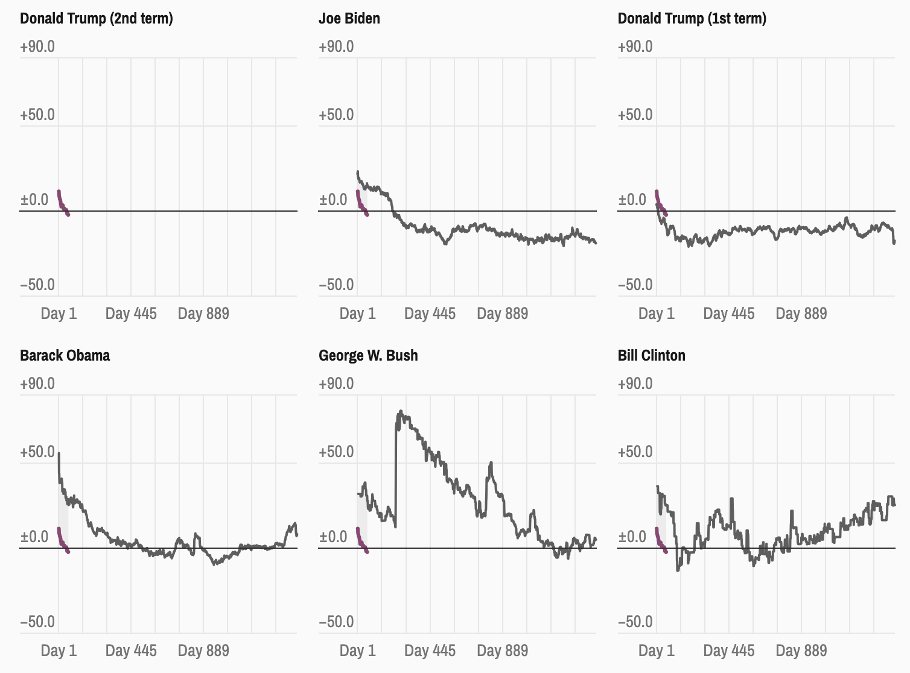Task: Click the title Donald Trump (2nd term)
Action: [x=97, y=19]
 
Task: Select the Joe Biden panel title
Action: [x=349, y=19]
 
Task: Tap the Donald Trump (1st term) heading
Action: [x=692, y=19]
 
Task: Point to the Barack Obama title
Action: [x=65, y=355]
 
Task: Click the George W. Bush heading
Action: [x=368, y=355]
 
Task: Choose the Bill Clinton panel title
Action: [x=651, y=355]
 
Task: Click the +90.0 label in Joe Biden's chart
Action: [x=336, y=46]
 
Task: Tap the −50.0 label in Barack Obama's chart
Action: [x=37, y=622]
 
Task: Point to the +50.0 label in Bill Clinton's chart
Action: [x=635, y=452]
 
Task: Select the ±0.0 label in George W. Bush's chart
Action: [x=336, y=537]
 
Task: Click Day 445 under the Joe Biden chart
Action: [x=430, y=314]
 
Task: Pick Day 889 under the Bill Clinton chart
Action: [x=801, y=651]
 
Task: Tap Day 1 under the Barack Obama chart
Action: [x=59, y=651]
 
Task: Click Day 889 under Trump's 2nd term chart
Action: [x=203, y=314]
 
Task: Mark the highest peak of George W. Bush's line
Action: [x=400, y=412]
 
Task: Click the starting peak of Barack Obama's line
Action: [x=59, y=453]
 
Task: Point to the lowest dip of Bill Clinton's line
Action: [x=678, y=569]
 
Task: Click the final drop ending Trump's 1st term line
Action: [x=894, y=242]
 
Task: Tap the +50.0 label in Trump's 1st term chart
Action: [x=635, y=115]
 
